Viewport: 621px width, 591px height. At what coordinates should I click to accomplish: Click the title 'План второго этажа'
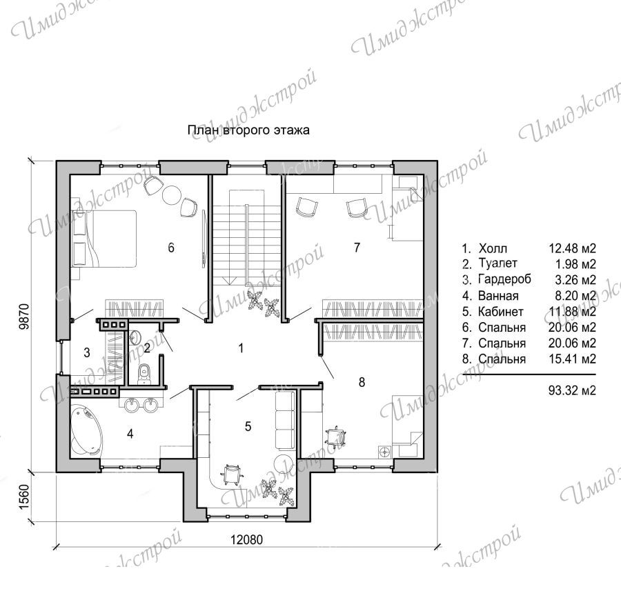(x=248, y=130)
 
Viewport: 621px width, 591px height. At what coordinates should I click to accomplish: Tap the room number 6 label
(x=171, y=248)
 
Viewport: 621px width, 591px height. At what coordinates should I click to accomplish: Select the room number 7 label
(x=357, y=248)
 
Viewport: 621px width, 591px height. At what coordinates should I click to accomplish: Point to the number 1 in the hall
(x=241, y=348)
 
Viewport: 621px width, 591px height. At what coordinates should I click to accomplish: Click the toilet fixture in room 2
(x=144, y=374)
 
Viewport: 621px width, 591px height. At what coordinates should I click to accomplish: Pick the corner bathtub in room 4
(x=86, y=430)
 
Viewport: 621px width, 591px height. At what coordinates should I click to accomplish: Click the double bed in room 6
(x=103, y=239)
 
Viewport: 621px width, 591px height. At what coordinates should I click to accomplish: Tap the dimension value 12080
(x=247, y=539)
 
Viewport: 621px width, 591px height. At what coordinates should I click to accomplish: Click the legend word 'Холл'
(x=493, y=248)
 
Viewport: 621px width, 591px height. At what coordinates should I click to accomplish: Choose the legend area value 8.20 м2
(x=575, y=296)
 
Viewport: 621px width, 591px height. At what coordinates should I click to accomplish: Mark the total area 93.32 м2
(x=572, y=391)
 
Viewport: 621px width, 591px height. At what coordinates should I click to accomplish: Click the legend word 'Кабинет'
(x=501, y=312)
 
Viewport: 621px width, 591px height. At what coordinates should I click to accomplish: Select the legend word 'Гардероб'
(x=504, y=280)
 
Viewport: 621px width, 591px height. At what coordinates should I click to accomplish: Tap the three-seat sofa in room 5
(x=285, y=421)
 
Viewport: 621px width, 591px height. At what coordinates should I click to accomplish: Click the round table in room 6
(x=172, y=194)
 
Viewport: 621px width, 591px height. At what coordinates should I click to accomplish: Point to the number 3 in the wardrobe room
(x=87, y=352)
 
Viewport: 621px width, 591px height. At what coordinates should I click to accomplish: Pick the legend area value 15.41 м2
(x=572, y=359)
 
